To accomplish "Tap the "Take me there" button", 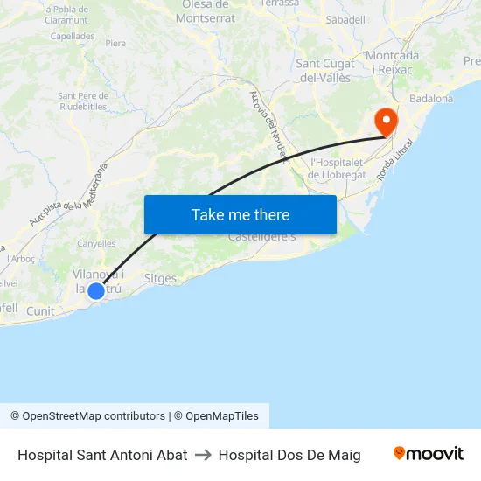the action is (240, 214).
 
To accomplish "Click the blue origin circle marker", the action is (96, 290).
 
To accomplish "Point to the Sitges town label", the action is (160, 279).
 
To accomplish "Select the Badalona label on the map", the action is (430, 99).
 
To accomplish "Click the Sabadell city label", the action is (345, 18).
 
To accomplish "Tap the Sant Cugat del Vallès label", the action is (325, 70).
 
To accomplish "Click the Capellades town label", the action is (73, 37).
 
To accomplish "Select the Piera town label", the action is (115, 43).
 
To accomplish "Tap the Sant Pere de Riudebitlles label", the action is (81, 101).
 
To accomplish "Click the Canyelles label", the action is (96, 244).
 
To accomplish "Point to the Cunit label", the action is (40, 311).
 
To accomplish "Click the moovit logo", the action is (428, 454).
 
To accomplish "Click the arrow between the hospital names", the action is (203, 455).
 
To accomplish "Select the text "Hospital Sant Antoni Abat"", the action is (102, 455).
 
